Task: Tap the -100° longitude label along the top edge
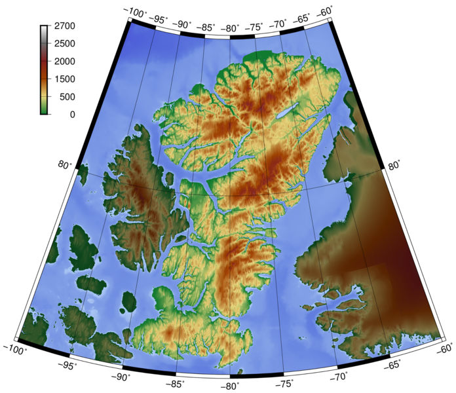click(x=135, y=11)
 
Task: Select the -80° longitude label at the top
click(x=231, y=28)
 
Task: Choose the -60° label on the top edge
click(x=324, y=11)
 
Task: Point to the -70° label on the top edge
click(x=278, y=24)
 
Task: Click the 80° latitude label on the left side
click(x=66, y=165)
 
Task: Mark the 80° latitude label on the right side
click(x=394, y=166)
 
